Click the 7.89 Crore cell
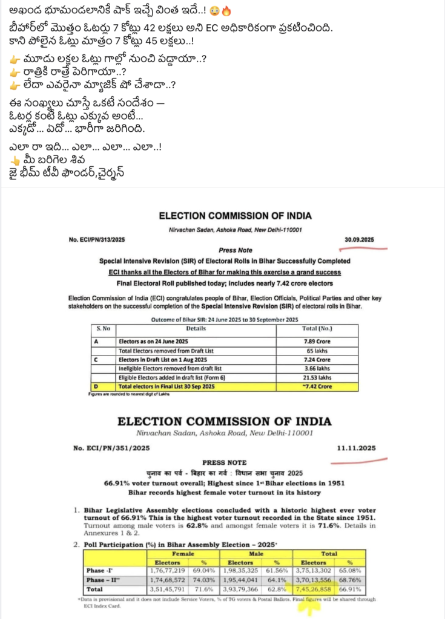point(317,341)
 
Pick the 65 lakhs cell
point(317,350)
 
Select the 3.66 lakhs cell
point(317,368)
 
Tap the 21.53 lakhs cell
point(317,377)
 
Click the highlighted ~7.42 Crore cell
point(317,386)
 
